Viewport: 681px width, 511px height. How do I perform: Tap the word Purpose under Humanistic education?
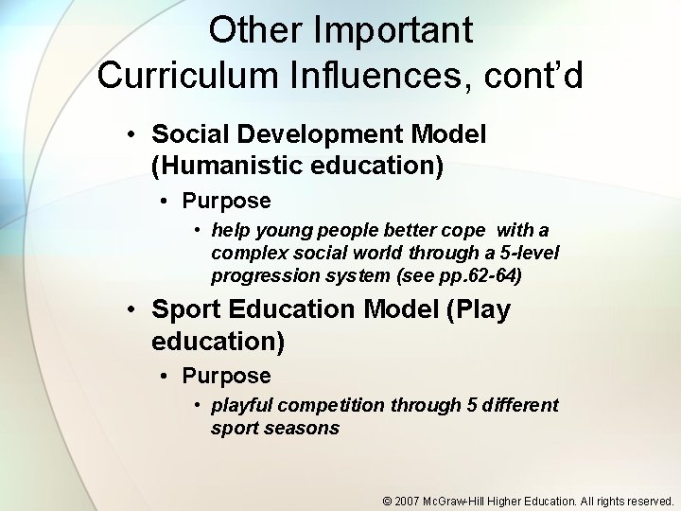[226, 201]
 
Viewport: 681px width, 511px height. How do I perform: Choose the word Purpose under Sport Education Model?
[226, 376]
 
